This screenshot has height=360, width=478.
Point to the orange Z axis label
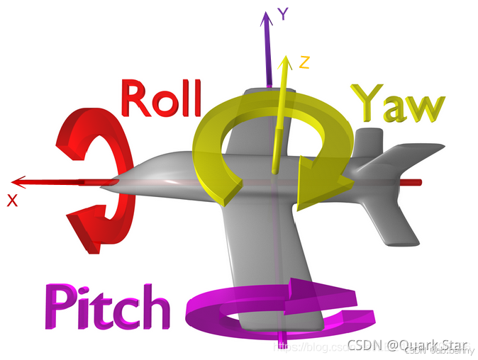point(304,62)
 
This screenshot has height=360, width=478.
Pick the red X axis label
point(12,201)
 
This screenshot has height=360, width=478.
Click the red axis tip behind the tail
point(418,182)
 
